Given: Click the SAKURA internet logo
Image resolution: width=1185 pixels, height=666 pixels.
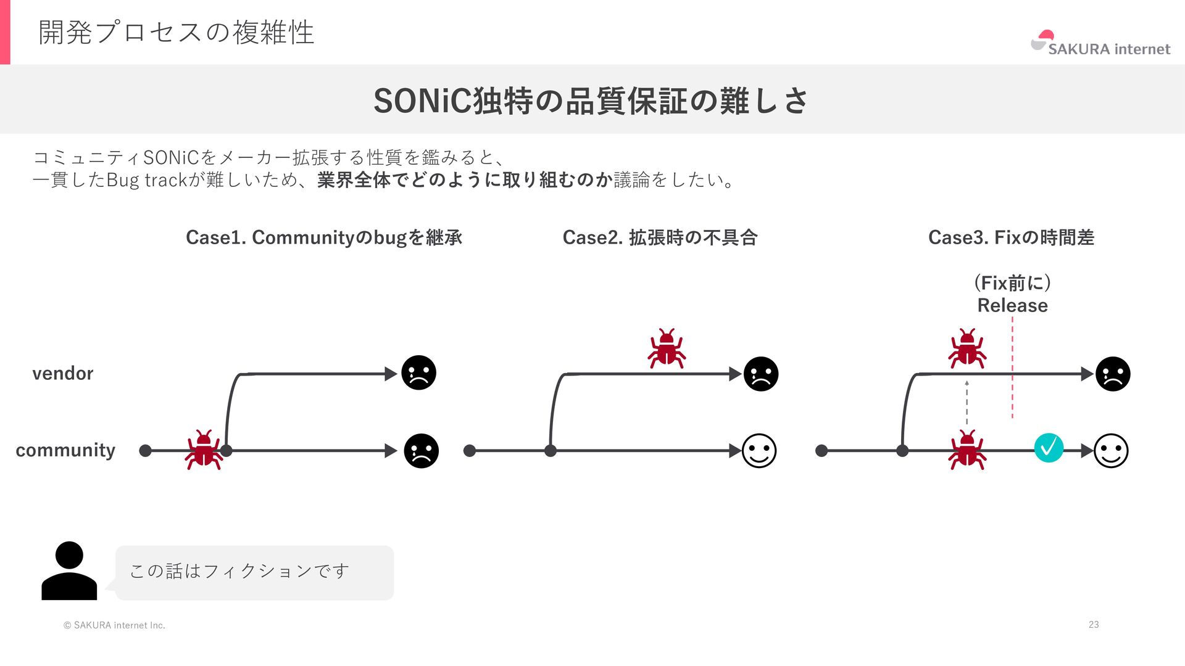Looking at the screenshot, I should pyautogui.click(x=1100, y=44).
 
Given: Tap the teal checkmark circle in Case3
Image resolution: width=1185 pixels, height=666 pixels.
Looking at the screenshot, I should pyautogui.click(x=1049, y=448).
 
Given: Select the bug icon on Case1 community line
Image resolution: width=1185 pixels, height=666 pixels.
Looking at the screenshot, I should pyautogui.click(x=204, y=450).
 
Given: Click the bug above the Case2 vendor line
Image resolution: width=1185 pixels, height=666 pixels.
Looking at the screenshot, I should pyautogui.click(x=667, y=348).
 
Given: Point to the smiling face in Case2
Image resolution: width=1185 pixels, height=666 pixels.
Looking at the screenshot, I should pyautogui.click(x=759, y=451).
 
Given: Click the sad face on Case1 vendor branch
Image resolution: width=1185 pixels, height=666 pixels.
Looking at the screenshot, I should pyautogui.click(x=418, y=373).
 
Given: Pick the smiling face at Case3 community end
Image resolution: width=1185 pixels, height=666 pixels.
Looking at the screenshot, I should pyautogui.click(x=1111, y=451).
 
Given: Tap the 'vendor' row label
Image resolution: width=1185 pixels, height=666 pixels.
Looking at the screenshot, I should pyautogui.click(x=62, y=373).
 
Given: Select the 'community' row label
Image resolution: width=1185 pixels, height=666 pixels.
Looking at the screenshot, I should pyautogui.click(x=65, y=450).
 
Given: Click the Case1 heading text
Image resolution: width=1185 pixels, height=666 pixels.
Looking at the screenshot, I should pyautogui.click(x=324, y=237).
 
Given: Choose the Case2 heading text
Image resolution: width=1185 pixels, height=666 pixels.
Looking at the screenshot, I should pyautogui.click(x=660, y=237).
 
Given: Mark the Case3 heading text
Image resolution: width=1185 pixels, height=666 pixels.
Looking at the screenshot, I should pyautogui.click(x=1011, y=237).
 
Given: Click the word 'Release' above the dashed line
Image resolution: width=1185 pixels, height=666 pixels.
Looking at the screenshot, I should pyautogui.click(x=1012, y=305).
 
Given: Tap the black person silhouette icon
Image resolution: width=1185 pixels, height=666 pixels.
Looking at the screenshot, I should pyautogui.click(x=69, y=570).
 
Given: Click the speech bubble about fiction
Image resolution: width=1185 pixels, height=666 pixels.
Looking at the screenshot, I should pyautogui.click(x=254, y=572).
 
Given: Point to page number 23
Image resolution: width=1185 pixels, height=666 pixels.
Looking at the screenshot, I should pyautogui.click(x=1094, y=625).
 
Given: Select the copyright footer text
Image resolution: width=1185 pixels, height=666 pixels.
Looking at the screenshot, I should pyautogui.click(x=114, y=625).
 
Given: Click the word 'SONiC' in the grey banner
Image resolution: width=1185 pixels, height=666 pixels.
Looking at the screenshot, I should pyautogui.click(x=422, y=101).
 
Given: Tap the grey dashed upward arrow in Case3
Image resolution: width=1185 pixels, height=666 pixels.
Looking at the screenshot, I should pyautogui.click(x=967, y=402).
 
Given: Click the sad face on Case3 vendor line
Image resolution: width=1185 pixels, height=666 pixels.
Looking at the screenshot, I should pyautogui.click(x=1112, y=374).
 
